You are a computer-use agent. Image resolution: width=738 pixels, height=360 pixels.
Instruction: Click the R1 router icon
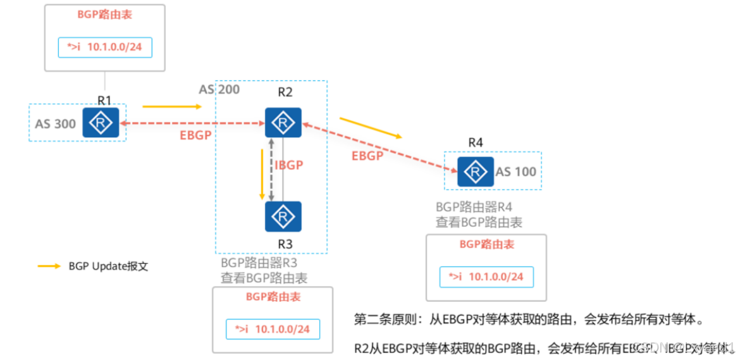(x=101, y=123)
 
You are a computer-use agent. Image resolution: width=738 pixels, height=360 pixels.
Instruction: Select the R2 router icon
(x=283, y=122)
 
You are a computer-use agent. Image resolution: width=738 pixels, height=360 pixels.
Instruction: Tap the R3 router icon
(x=283, y=216)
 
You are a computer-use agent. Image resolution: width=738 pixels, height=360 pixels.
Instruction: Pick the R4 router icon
(x=476, y=170)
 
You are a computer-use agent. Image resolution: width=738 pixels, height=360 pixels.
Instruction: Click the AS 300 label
(x=55, y=124)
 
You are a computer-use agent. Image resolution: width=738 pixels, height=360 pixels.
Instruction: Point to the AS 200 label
(x=219, y=89)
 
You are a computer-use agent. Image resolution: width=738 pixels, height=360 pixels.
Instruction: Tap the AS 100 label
(x=516, y=171)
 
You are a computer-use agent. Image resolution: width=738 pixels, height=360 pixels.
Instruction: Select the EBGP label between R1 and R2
(x=195, y=135)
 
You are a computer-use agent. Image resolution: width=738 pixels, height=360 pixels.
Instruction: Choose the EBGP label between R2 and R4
(x=367, y=156)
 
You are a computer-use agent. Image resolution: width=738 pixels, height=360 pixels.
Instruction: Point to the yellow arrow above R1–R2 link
(x=171, y=107)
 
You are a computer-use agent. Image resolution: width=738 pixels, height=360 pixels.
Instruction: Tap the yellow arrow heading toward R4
(x=370, y=127)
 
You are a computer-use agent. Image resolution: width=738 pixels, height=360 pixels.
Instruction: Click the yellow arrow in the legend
(x=49, y=266)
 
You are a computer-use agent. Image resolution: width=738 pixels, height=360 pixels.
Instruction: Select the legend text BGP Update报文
(x=108, y=266)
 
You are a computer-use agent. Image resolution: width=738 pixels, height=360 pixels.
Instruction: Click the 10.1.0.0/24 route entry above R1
(x=105, y=47)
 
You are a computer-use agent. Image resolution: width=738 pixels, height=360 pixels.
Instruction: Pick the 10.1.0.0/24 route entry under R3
(x=273, y=329)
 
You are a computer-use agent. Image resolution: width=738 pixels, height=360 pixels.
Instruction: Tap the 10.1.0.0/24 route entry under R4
(x=486, y=277)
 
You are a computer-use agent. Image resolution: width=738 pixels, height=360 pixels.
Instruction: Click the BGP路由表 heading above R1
(x=105, y=15)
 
